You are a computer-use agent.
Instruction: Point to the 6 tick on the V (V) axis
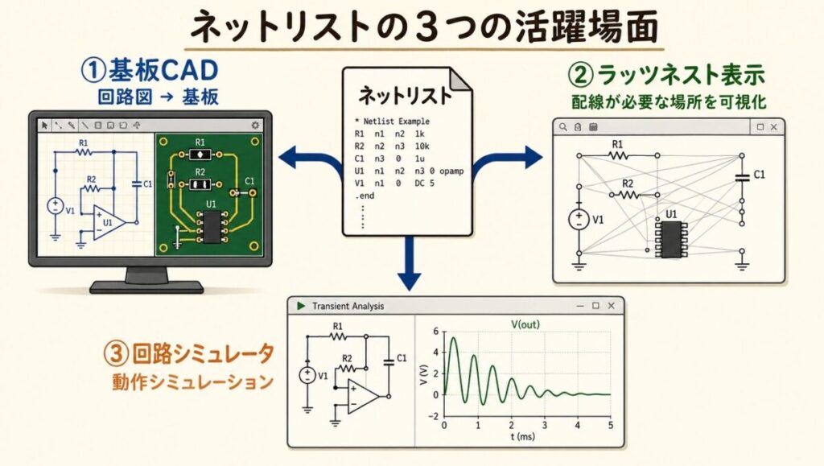(x=435, y=332)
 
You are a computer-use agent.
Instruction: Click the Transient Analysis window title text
(x=348, y=306)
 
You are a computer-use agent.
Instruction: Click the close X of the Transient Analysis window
(x=612, y=306)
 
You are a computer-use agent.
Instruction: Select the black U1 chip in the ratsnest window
(x=669, y=240)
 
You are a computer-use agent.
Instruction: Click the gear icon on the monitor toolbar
(x=255, y=125)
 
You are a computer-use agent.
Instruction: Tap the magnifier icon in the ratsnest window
(x=563, y=127)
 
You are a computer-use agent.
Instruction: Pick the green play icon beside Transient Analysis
(x=300, y=306)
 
